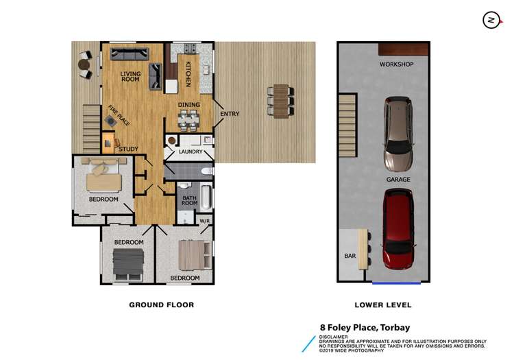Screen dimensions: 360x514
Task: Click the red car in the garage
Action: tap(398, 230)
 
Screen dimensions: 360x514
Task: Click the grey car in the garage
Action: tap(397, 134)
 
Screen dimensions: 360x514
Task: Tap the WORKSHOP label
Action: tap(397, 64)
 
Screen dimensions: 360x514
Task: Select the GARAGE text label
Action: tap(397, 180)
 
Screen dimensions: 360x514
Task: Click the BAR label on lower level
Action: tap(348, 256)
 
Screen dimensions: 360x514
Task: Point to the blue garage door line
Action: tap(396, 282)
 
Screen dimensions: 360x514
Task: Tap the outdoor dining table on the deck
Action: tap(282, 101)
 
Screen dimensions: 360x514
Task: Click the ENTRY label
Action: tap(230, 114)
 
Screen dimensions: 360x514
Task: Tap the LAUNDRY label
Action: tap(190, 152)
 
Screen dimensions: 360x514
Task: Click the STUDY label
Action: tap(128, 149)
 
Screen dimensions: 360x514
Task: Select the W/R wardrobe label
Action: tap(204, 221)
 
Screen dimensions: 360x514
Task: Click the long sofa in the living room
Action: tap(130, 53)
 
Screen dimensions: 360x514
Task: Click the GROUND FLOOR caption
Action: tap(162, 305)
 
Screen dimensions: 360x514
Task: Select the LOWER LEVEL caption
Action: tap(384, 305)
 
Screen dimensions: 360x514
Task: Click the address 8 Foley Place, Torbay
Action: tap(365, 327)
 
